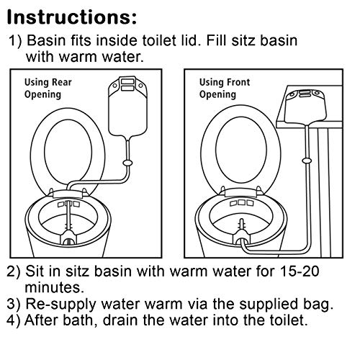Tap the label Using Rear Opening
click(48, 89)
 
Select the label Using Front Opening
click(225, 89)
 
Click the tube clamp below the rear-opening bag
click(127, 163)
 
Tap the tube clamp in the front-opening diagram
click(307, 161)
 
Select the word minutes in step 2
click(55, 287)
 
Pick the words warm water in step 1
click(102, 57)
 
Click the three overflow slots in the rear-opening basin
click(68, 204)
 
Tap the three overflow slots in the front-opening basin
click(242, 203)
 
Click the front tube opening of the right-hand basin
click(242, 240)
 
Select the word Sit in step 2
click(35, 271)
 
